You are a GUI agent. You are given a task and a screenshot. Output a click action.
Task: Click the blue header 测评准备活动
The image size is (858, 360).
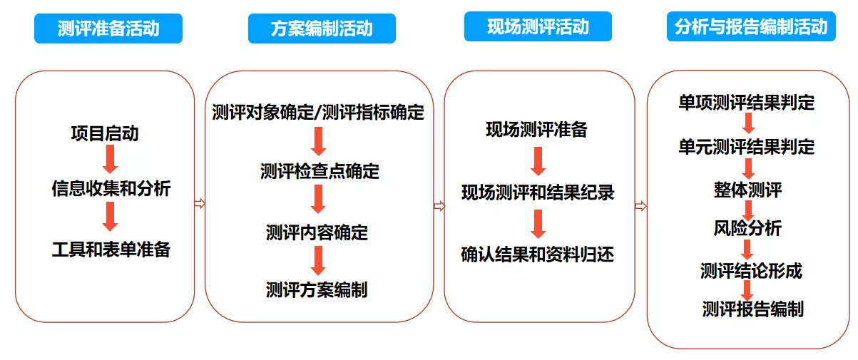coord(108,29)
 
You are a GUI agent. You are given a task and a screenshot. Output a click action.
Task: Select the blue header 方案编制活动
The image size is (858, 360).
coord(322,29)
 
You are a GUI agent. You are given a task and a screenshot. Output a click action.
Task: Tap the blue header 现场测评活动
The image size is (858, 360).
coord(538,26)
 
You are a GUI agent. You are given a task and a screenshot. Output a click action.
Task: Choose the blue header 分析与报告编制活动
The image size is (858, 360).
coord(751,26)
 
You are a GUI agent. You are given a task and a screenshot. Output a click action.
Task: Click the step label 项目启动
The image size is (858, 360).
coord(105,133)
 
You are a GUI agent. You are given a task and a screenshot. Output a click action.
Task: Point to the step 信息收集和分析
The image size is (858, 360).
coord(111,188)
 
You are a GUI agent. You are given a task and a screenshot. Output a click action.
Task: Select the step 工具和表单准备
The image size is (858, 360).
coord(111,250)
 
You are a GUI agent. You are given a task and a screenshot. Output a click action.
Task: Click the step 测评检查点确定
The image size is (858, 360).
coord(320,171)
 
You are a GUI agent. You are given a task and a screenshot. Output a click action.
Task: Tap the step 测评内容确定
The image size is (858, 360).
coord(317,232)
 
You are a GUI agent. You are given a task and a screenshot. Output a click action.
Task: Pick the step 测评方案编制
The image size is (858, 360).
coord(317,289)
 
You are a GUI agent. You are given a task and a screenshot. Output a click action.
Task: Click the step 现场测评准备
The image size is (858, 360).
coord(536,130)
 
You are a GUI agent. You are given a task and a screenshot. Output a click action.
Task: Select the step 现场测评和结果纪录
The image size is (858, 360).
coord(538,192)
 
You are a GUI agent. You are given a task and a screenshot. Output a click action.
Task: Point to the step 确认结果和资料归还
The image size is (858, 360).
coord(537,254)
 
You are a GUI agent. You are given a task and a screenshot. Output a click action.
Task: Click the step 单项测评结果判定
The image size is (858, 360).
coord(747,103)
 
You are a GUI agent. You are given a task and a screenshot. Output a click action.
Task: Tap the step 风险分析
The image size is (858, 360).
coord(747,228)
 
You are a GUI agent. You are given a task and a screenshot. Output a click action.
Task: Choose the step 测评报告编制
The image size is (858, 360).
coord(752,309)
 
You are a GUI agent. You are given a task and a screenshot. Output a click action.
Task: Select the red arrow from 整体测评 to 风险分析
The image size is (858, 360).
coord(747,210)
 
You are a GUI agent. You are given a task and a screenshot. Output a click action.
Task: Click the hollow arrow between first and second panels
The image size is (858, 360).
coord(200,203)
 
